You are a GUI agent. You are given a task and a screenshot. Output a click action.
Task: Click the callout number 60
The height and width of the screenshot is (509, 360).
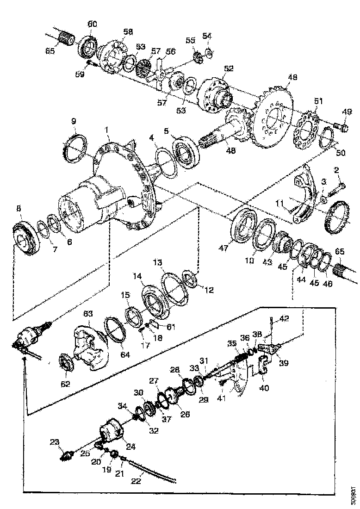[92, 24]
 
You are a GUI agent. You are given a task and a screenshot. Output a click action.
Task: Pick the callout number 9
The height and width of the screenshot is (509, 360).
[74, 121]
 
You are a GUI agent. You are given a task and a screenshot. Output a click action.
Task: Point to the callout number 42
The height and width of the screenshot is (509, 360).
[283, 318]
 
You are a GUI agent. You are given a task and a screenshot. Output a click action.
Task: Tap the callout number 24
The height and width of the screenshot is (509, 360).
[130, 447]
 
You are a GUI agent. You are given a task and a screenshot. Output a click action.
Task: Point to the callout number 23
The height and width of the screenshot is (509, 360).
[55, 442]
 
